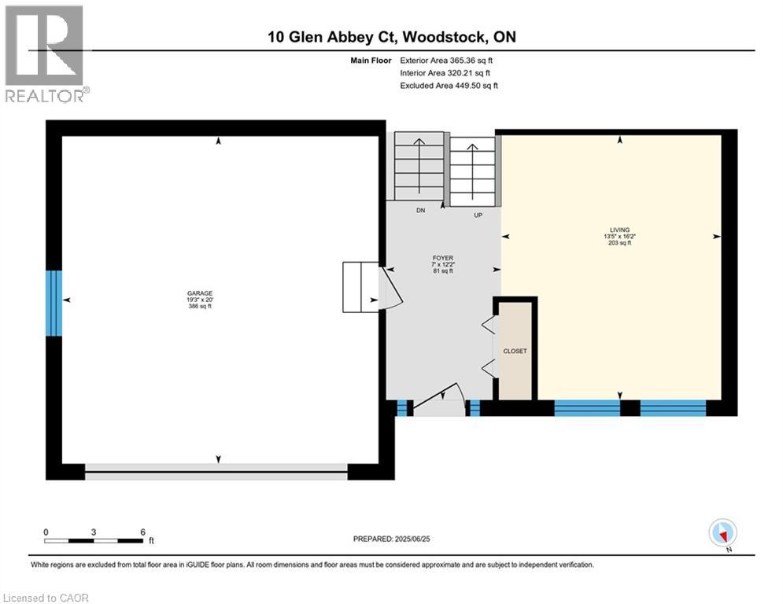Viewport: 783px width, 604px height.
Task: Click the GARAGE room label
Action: pyautogui.click(x=200, y=293)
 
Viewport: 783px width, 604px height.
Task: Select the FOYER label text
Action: pyautogui.click(x=443, y=257)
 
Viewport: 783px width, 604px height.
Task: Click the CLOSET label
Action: pyautogui.click(x=515, y=351)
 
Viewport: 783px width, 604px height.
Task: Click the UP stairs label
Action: pyautogui.click(x=478, y=214)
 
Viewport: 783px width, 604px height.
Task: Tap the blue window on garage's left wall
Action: pyautogui.click(x=54, y=304)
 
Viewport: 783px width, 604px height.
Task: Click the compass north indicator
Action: pyautogui.click(x=722, y=533)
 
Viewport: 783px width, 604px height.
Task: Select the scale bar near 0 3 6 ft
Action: pyautogui.click(x=94, y=541)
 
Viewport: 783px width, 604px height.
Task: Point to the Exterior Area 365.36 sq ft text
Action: pyautogui.click(x=447, y=60)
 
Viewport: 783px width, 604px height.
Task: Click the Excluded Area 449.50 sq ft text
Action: pyautogui.click(x=449, y=86)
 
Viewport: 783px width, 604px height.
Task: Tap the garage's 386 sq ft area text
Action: pyautogui.click(x=200, y=306)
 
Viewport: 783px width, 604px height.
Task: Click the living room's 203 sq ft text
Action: pyautogui.click(x=620, y=243)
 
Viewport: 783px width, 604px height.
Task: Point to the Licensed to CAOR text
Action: pyautogui.click(x=46, y=598)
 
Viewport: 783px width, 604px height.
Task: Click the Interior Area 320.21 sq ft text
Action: pyautogui.click(x=446, y=73)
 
